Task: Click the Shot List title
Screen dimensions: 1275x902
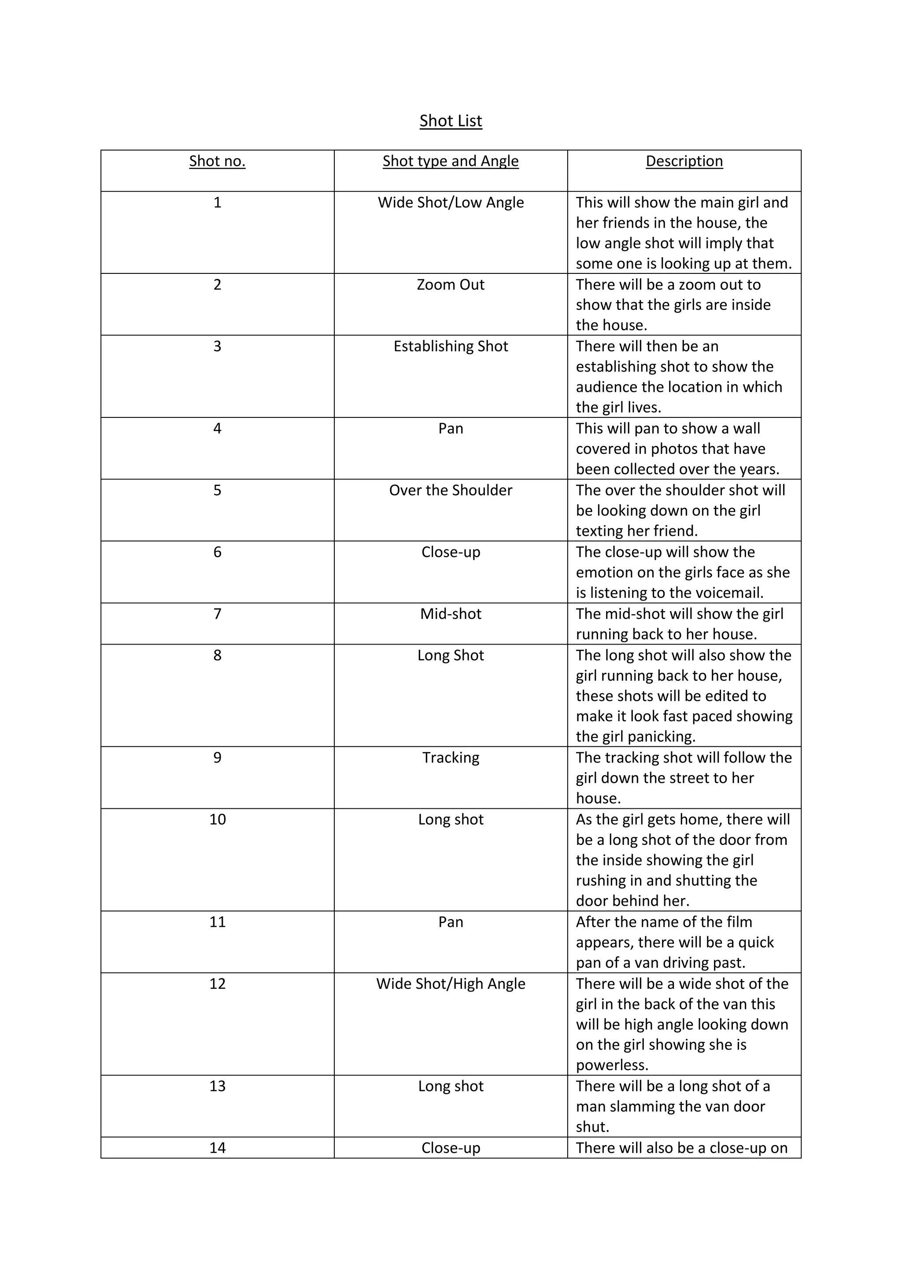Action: pyautogui.click(x=451, y=121)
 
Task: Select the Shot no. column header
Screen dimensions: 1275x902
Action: pyautogui.click(x=217, y=161)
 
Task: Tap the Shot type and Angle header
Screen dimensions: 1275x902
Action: pyautogui.click(x=451, y=161)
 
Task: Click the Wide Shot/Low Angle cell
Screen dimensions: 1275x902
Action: pyautogui.click(x=451, y=203)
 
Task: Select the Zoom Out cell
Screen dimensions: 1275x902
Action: pyautogui.click(x=451, y=285)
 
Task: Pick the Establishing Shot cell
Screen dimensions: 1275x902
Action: pyautogui.click(x=451, y=346)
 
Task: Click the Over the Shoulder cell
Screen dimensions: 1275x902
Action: pyautogui.click(x=451, y=490)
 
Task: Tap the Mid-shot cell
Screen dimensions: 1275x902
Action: pyautogui.click(x=451, y=614)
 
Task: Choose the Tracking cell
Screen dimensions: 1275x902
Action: pyautogui.click(x=451, y=758)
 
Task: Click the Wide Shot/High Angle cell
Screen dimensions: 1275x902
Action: pyautogui.click(x=451, y=984)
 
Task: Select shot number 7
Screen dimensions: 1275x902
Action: pyautogui.click(x=217, y=614)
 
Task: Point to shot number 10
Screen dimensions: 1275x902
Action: pyautogui.click(x=217, y=820)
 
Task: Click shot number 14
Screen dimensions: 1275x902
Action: pyautogui.click(x=217, y=1148)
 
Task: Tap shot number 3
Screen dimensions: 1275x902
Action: pyautogui.click(x=217, y=346)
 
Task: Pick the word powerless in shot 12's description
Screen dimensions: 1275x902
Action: pyautogui.click(x=612, y=1065)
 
